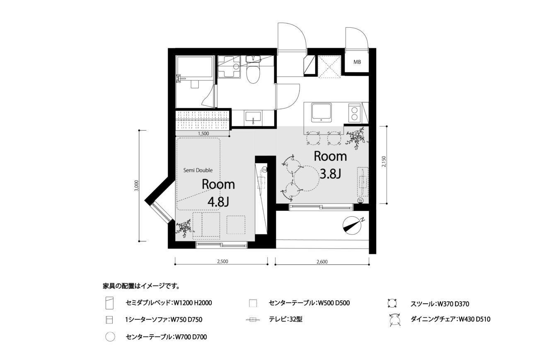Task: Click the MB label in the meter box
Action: (357, 62)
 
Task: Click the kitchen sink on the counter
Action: (321, 112)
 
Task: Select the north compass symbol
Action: (351, 225)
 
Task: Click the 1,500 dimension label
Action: (203, 133)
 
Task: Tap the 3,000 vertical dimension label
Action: (137, 186)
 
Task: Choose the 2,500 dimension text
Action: (222, 261)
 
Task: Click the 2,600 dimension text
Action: (322, 262)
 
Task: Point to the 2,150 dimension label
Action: (384, 161)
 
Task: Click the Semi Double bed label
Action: (198, 170)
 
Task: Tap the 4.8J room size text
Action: (218, 202)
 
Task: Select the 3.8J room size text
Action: (330, 174)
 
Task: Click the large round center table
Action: (307, 179)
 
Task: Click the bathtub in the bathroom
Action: (194, 67)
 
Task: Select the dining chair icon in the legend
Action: (395, 319)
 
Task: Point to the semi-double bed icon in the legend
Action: (109, 303)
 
